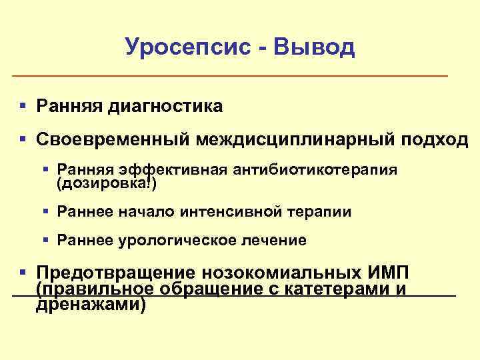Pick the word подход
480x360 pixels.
pyautogui.click(x=435, y=140)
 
